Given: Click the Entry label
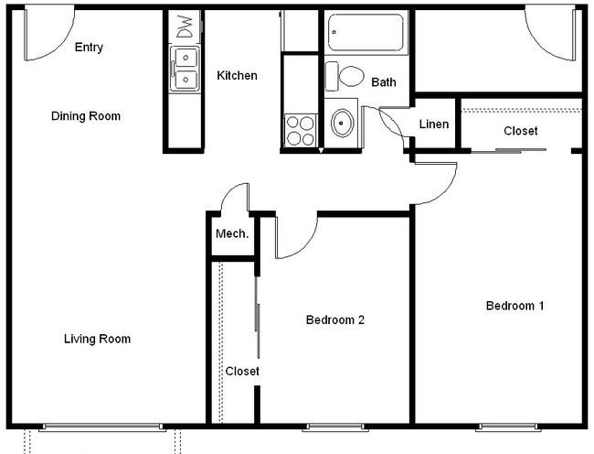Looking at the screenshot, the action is click(x=89, y=48).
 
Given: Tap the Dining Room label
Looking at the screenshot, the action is click(x=86, y=116).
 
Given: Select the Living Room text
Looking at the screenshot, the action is click(x=97, y=339).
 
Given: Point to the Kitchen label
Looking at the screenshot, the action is click(x=237, y=75).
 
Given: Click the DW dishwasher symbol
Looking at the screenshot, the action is click(x=186, y=27).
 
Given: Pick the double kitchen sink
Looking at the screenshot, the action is click(x=185, y=69).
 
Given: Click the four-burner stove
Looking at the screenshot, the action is click(x=301, y=130).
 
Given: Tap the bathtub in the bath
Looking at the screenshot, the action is click(x=366, y=32).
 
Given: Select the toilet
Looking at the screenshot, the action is click(x=345, y=76).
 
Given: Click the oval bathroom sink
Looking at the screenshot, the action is click(x=342, y=123).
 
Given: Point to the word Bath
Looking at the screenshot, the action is click(x=384, y=82).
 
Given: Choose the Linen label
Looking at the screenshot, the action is click(x=434, y=124).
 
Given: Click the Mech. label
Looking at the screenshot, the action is click(x=232, y=233).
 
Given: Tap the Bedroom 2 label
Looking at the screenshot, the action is click(x=335, y=319).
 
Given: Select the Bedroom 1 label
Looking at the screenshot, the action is click(x=514, y=306).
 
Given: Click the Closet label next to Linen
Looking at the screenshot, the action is click(x=521, y=131).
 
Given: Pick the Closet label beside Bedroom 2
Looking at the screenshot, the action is click(x=242, y=371).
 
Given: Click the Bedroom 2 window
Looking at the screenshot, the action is click(x=335, y=427).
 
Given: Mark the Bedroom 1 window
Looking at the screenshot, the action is click(x=508, y=427).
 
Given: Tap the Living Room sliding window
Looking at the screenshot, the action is click(x=102, y=427).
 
